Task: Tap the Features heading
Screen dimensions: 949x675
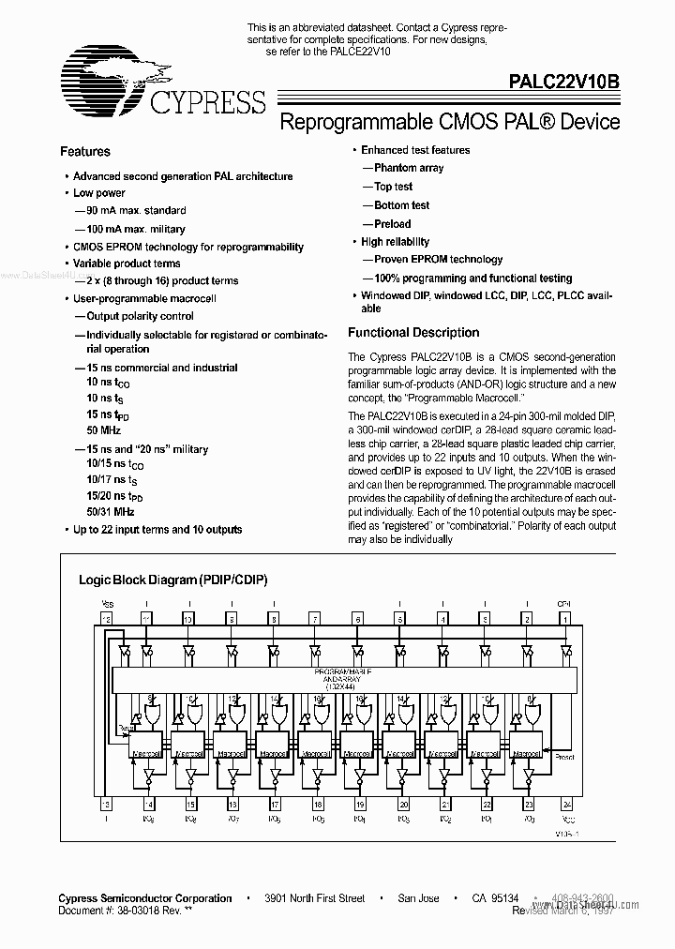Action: tap(85, 151)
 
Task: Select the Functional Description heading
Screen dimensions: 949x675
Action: tap(413, 332)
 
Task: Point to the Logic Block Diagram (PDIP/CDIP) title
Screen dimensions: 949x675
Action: tap(172, 580)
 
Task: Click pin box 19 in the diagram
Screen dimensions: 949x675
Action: tap(360, 805)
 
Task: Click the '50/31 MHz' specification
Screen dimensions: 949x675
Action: tap(110, 512)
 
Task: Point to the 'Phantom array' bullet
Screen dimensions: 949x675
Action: tap(409, 168)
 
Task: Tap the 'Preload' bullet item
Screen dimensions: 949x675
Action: tap(392, 224)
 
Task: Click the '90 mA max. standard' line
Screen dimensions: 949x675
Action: tap(136, 210)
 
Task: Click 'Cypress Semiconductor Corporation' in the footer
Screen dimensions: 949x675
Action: tap(145, 898)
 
